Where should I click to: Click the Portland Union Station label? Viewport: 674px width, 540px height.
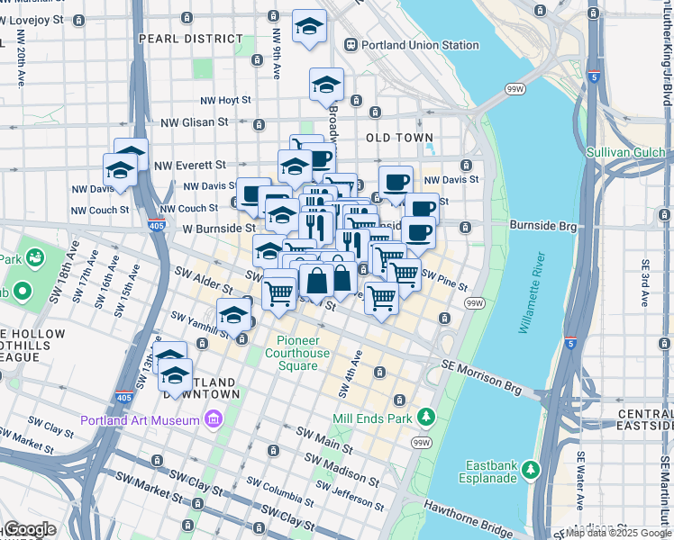point(420,45)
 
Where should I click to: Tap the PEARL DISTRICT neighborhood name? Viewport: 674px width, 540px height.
point(190,39)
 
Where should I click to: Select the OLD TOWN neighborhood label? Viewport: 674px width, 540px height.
point(400,138)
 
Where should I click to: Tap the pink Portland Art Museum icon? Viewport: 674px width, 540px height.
point(213,419)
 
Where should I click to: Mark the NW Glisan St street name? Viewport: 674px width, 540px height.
point(194,122)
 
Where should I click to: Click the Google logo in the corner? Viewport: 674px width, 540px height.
point(31,529)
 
